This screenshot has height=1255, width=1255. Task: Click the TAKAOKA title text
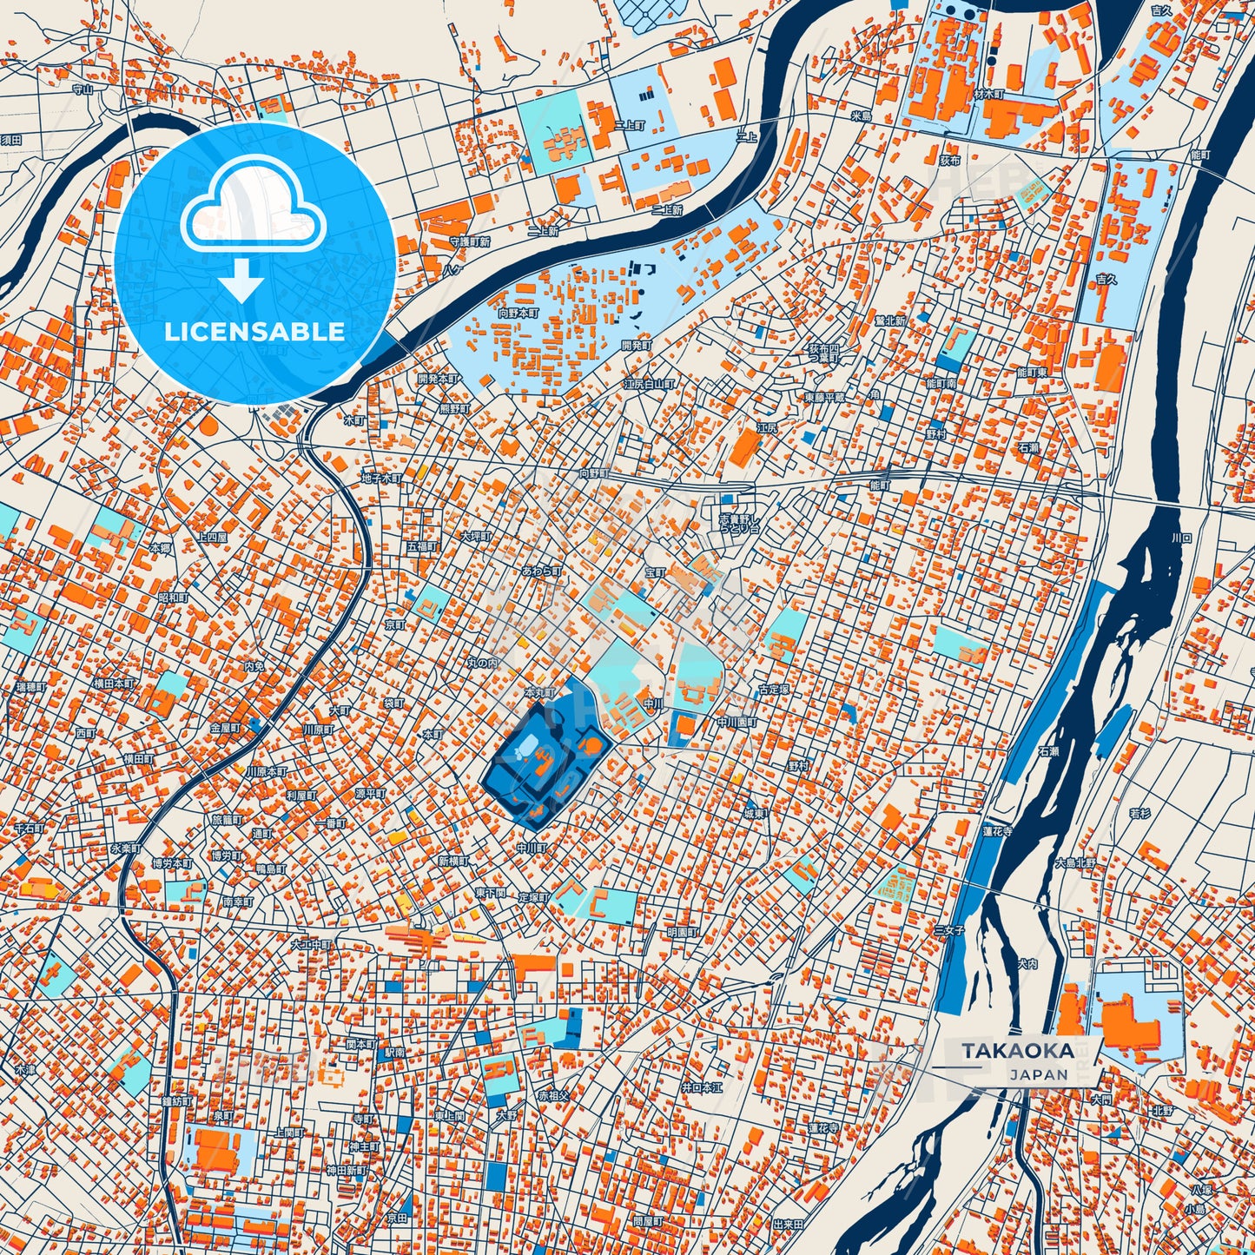tap(1017, 1050)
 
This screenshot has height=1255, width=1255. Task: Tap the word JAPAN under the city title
tap(1039, 1074)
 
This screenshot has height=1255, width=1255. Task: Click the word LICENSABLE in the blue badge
tap(254, 331)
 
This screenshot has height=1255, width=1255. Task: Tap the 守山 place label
tap(83, 89)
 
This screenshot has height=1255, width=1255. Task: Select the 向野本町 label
tap(519, 312)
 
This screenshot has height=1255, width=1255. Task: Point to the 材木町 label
tap(989, 94)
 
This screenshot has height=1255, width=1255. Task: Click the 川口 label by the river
tap(1182, 538)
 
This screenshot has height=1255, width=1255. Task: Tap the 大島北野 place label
tap(1075, 863)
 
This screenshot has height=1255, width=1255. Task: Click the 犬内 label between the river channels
tap(1028, 963)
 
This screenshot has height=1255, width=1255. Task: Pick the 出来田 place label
tap(788, 1223)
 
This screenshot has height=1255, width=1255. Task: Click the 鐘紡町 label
tap(176, 1101)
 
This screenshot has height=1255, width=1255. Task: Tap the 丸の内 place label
tap(483, 663)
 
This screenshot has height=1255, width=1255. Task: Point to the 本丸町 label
tap(539, 692)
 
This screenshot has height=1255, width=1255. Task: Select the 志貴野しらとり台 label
tap(738, 523)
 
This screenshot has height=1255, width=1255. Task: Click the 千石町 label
tap(29, 829)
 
